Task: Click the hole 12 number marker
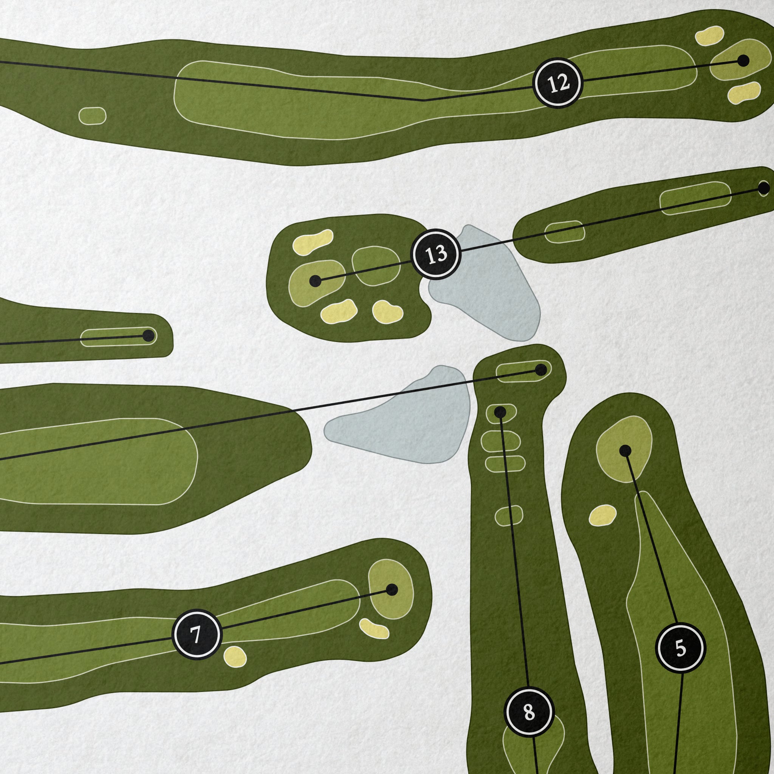click(x=558, y=83)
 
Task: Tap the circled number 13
click(x=436, y=254)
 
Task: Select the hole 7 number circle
click(x=197, y=635)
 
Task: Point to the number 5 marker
click(x=681, y=647)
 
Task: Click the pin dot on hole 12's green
click(x=743, y=60)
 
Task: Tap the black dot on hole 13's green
click(x=315, y=281)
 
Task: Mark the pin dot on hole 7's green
click(x=392, y=590)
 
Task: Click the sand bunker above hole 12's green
click(x=709, y=36)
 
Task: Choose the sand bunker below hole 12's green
click(x=744, y=93)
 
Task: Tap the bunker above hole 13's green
click(x=313, y=242)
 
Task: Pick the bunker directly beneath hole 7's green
click(x=373, y=629)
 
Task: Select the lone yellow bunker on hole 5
click(x=602, y=515)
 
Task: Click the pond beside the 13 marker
click(x=487, y=285)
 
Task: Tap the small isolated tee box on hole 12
click(x=92, y=116)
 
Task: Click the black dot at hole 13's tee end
click(x=763, y=188)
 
